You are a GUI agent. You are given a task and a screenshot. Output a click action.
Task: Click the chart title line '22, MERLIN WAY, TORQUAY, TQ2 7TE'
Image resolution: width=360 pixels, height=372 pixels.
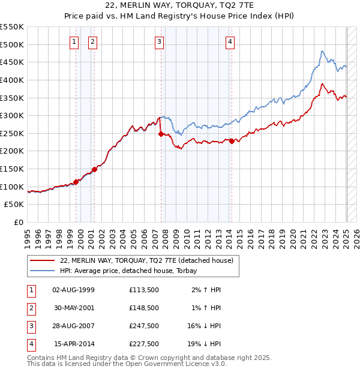[179, 5]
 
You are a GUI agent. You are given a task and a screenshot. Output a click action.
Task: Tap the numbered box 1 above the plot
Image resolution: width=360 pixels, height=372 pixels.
[74, 41]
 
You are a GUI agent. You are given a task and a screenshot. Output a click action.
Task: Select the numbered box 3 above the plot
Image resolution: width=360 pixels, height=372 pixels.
[159, 41]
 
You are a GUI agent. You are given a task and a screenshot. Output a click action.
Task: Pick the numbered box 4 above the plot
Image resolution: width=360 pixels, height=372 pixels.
[230, 41]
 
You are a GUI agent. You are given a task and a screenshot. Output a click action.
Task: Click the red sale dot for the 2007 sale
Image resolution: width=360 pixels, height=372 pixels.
[161, 134]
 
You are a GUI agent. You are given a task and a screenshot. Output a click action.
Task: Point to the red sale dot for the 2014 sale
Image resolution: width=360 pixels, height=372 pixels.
[232, 141]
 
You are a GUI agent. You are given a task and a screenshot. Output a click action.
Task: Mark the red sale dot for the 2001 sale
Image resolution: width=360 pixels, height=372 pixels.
[94, 169]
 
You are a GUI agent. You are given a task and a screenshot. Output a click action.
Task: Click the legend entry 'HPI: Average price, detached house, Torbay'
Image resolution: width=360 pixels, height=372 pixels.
[133, 271]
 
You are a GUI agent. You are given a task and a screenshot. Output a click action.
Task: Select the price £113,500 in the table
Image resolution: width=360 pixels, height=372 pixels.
[144, 290]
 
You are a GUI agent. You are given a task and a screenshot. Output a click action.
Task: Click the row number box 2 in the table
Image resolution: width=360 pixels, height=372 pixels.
[30, 308]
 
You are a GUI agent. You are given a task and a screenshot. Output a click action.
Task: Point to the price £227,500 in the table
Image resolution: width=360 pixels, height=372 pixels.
[144, 344]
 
